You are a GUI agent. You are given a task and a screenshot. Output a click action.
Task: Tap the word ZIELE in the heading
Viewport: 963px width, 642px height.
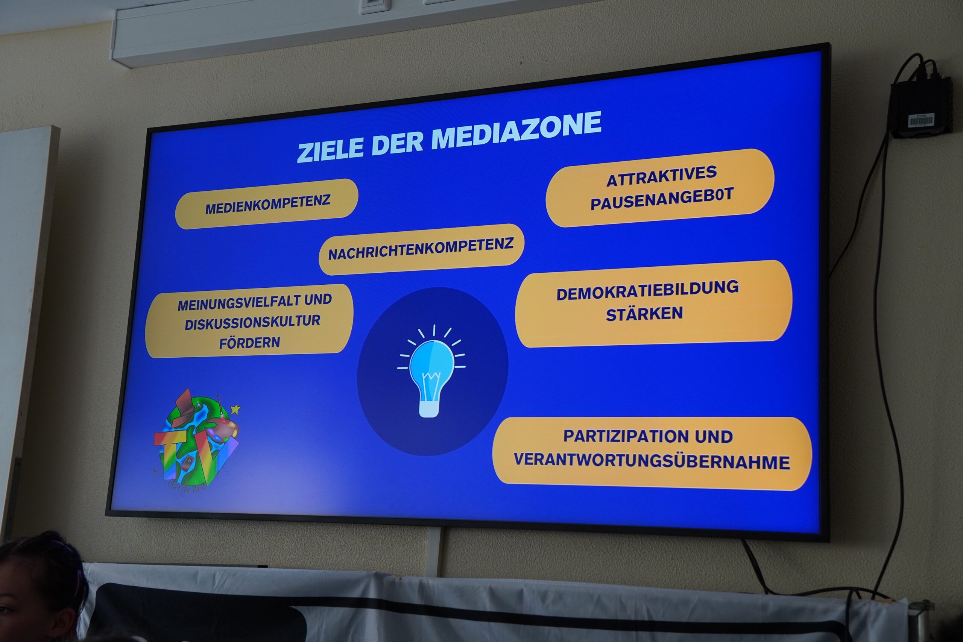(330, 149)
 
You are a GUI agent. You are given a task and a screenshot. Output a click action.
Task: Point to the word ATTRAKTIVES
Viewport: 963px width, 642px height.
(662, 176)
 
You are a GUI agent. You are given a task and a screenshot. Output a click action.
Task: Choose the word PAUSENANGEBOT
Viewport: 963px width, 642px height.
(662, 199)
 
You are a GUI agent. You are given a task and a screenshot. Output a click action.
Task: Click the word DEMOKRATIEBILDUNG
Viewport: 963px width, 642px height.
(647, 290)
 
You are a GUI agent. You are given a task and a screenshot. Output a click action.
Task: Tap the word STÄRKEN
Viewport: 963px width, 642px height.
(644, 314)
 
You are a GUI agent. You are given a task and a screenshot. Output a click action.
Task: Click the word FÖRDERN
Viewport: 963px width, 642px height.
(249, 342)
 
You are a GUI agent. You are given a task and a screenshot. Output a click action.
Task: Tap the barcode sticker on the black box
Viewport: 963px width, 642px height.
(921, 120)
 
